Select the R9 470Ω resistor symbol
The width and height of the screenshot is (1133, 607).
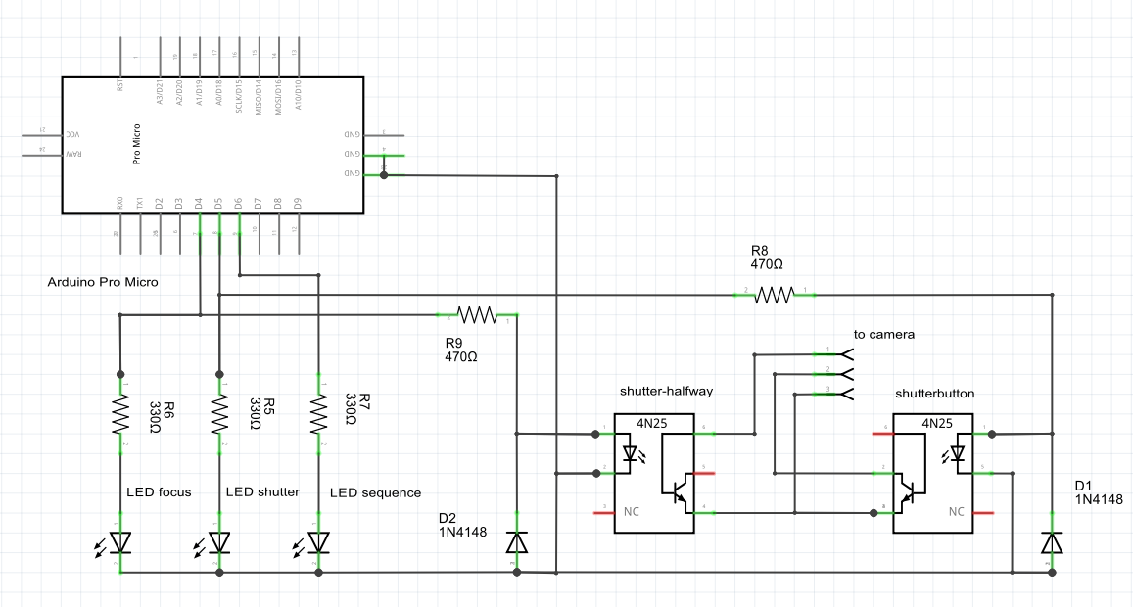pos(478,315)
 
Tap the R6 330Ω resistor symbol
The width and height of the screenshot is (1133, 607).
pos(120,414)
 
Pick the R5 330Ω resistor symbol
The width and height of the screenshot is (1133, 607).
pos(219,414)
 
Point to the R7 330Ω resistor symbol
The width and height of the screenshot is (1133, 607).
pos(318,414)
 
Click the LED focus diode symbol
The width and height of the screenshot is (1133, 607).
pos(120,542)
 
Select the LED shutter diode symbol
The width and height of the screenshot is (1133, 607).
pos(219,542)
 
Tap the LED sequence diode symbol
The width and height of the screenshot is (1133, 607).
pos(318,542)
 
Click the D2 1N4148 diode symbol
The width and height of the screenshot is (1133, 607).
pos(516,542)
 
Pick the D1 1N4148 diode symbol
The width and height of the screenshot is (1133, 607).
pos(1052,542)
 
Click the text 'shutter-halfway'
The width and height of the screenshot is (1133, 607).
pos(666,391)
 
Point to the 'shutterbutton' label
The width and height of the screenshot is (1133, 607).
pos(936,394)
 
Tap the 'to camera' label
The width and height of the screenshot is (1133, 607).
pos(884,334)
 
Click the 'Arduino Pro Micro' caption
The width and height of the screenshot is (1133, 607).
pos(103,282)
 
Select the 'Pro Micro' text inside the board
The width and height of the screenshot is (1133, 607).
pos(137,144)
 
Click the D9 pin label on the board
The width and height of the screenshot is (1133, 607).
pos(298,204)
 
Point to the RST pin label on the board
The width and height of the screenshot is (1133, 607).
pos(120,85)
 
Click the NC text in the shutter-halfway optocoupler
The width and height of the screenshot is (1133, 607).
pos(632,511)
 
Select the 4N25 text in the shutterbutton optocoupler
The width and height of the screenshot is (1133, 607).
pos(937,423)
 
